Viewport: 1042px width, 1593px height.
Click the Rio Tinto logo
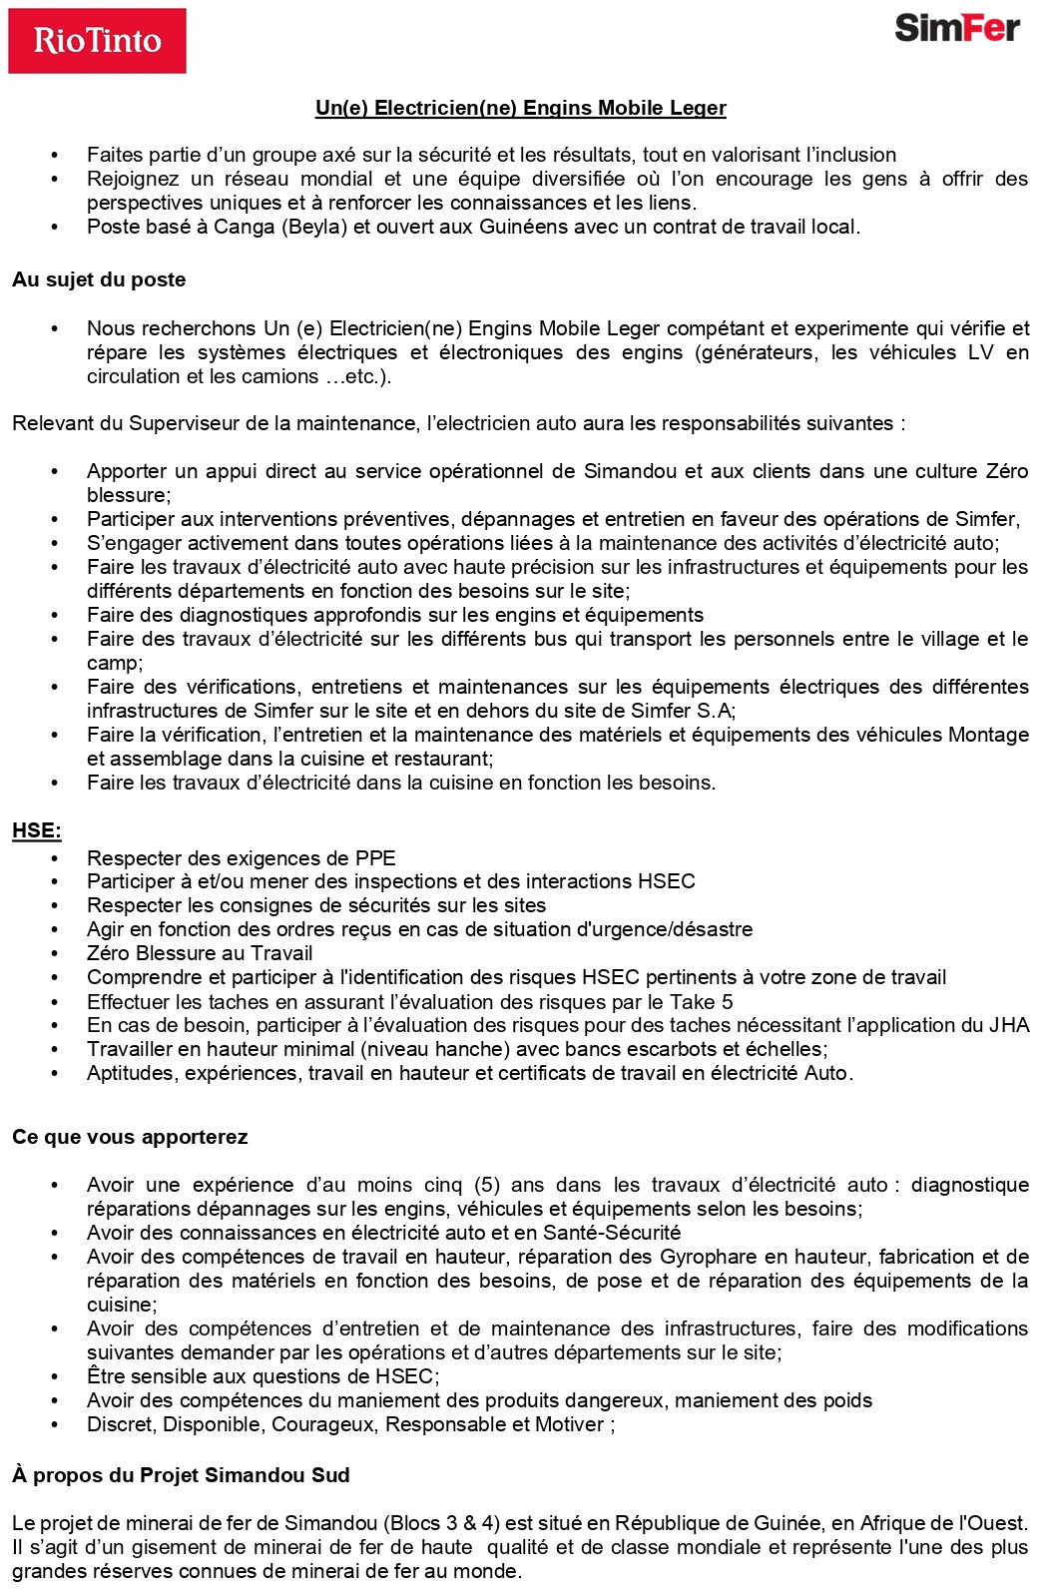point(97,41)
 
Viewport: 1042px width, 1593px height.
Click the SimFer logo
point(956,28)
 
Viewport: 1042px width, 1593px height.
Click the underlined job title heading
point(520,108)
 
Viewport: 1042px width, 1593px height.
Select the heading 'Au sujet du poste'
point(99,279)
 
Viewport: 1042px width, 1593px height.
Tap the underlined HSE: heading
point(37,830)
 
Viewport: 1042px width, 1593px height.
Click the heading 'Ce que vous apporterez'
point(130,1137)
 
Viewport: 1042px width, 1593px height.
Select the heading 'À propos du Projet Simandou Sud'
point(181,1475)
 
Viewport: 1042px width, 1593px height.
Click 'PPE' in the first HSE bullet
point(375,858)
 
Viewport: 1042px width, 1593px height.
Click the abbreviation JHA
point(1009,1025)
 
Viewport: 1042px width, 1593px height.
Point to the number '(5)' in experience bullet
point(486,1185)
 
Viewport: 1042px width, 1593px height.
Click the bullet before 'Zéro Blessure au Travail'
point(55,954)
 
